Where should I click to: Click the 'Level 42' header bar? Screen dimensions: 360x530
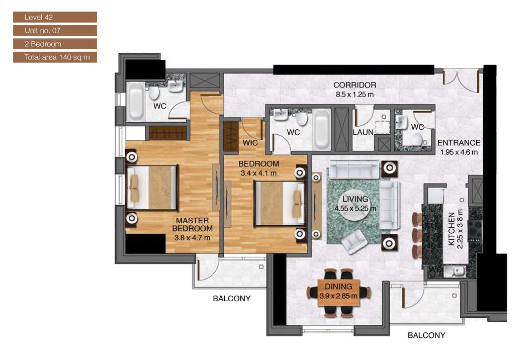point(55,17)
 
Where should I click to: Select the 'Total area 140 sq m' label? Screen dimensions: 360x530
point(55,57)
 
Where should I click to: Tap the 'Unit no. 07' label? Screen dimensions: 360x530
point(55,31)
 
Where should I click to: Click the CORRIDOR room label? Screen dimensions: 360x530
point(355,85)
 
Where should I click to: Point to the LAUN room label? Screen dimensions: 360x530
point(363,132)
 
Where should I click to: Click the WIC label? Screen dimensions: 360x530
point(250,143)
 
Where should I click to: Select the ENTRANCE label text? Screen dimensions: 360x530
point(459,143)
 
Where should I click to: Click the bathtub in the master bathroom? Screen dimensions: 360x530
point(136,102)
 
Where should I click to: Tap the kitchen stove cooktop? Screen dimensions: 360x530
point(474,229)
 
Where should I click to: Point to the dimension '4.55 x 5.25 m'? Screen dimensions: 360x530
point(355,208)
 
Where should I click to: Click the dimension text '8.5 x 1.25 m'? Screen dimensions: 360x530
point(355,94)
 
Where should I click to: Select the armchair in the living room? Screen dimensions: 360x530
point(355,241)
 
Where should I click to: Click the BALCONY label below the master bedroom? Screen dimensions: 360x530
point(231,298)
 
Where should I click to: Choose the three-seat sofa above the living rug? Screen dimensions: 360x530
point(353,169)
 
